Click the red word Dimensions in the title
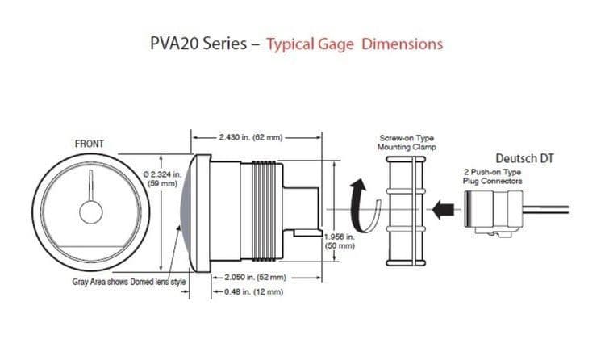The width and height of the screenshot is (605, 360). (x=402, y=44)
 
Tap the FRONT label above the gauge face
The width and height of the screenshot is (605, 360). (x=89, y=144)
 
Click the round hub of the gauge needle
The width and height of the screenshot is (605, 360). (x=91, y=212)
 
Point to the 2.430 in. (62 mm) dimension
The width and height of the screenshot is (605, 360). (x=251, y=137)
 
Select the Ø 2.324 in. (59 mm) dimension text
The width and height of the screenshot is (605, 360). (x=162, y=179)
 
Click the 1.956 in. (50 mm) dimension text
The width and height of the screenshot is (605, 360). (x=340, y=241)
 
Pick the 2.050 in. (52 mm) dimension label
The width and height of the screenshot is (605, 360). (x=256, y=277)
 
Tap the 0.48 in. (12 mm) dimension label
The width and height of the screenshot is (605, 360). (x=254, y=291)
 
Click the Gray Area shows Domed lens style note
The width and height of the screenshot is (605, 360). (x=129, y=282)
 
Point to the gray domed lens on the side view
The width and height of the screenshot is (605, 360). (x=186, y=211)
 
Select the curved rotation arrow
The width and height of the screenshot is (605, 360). (x=365, y=205)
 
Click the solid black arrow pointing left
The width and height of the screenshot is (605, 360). (x=443, y=210)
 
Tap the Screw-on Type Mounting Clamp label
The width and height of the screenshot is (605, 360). (x=407, y=143)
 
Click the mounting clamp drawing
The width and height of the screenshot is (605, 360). (x=406, y=211)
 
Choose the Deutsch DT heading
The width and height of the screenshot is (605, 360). (x=524, y=158)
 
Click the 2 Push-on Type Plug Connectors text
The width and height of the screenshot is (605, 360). (x=493, y=177)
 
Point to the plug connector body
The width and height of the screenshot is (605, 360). (x=494, y=212)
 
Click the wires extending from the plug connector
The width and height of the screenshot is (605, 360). (x=545, y=210)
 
